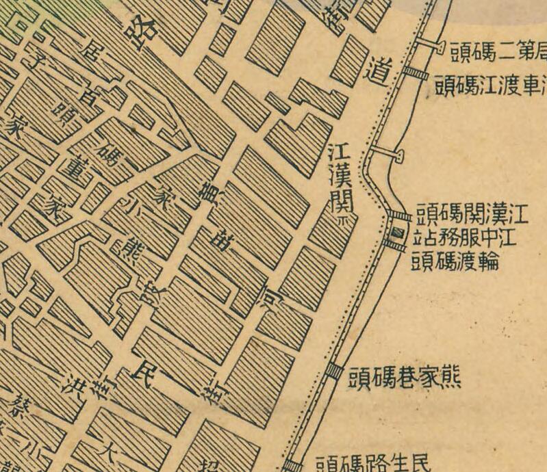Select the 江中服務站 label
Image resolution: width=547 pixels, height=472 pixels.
[466, 239]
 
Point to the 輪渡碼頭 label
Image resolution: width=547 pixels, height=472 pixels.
[456, 261]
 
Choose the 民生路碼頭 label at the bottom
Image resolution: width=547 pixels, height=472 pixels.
[374, 463]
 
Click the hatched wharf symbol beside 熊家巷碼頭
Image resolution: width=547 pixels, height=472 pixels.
[333, 371]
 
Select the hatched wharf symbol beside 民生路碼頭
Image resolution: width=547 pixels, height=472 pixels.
[292, 466]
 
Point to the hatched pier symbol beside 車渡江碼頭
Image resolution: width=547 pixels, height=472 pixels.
[415, 73]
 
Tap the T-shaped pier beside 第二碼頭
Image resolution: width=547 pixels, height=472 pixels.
[431, 47]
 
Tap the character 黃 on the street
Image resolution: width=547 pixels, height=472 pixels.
[204, 198]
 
